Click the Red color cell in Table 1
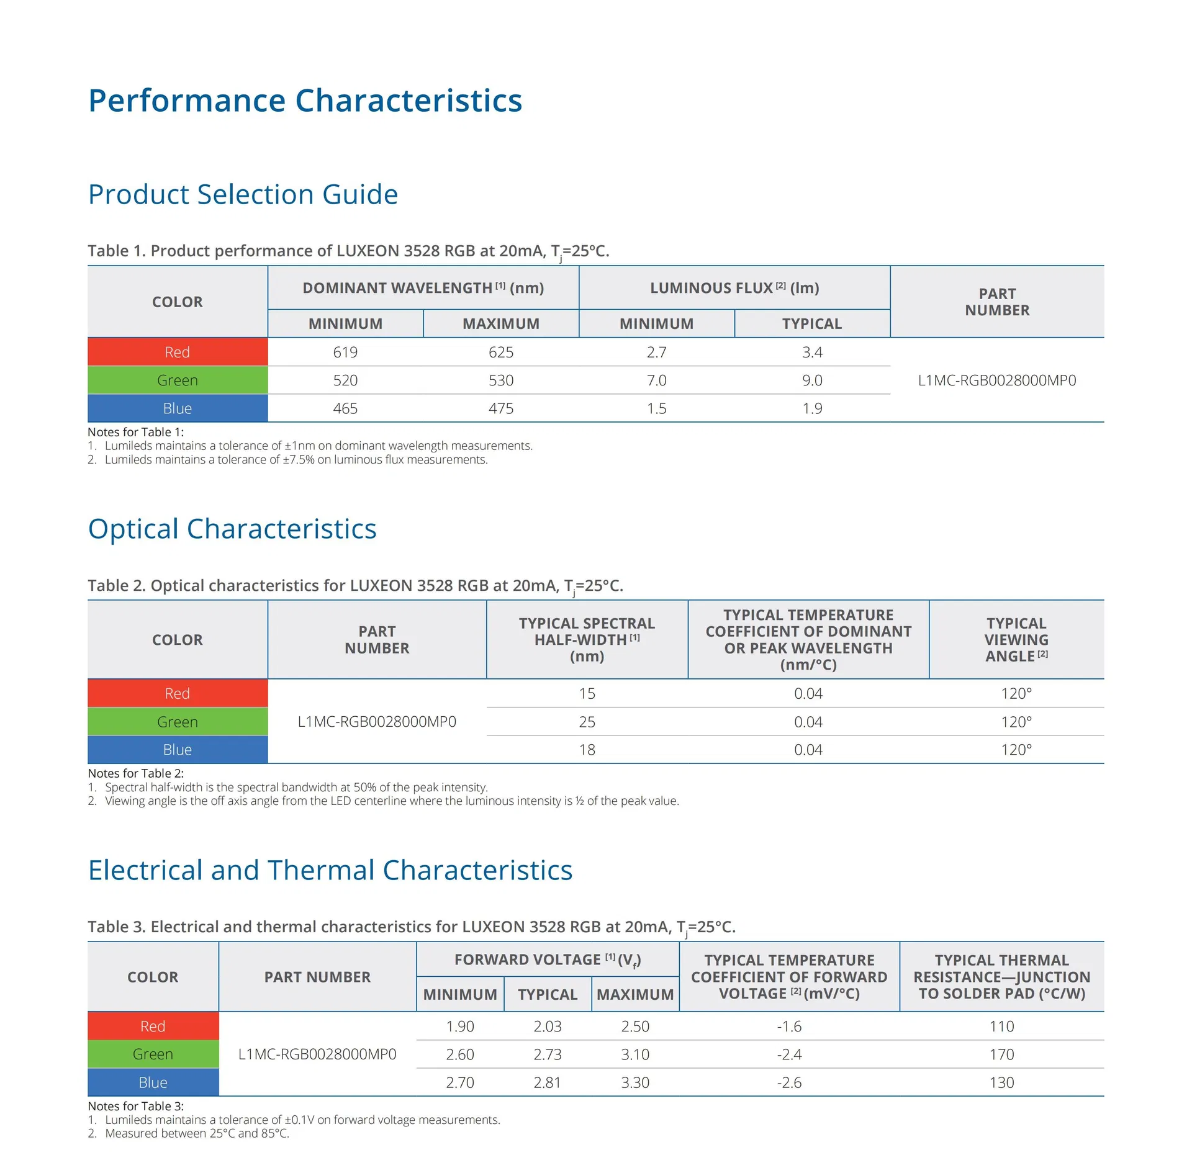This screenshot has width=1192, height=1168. pos(177,352)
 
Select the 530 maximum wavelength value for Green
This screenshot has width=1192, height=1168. pos(500,380)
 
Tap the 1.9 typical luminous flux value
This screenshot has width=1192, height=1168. pos(811,408)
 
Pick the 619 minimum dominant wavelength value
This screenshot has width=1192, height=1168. pos(345,352)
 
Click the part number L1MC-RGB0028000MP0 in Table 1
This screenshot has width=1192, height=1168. pos(996,380)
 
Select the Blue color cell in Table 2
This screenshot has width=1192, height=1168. pos(177,750)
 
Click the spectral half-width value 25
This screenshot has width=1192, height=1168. pos(587,722)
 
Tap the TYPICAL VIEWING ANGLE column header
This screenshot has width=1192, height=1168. pos(1016,639)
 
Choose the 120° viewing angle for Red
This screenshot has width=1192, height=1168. pos(1016,693)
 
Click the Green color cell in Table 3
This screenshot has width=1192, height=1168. pos(153,1054)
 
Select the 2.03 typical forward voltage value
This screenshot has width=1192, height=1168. pos(547,1026)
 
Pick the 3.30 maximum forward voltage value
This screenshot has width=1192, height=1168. pos(634,1082)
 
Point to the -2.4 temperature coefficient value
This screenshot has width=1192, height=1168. pos(788,1054)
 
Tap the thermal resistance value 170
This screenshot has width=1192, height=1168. pos(1001,1054)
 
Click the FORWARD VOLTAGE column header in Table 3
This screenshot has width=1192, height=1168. pos(547,959)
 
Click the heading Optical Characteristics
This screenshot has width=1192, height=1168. pos(232,529)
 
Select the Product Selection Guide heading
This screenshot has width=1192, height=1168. pos(243,194)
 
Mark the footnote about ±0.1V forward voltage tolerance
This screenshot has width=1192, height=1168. pos(302,1120)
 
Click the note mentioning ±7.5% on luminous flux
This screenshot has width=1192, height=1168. pos(296,459)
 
